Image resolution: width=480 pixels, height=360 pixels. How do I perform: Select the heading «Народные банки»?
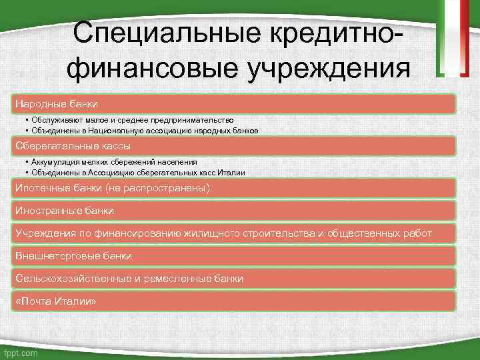click(57, 104)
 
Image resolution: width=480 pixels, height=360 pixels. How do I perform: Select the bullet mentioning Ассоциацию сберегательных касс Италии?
click(137, 172)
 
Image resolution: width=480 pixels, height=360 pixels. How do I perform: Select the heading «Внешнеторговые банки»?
click(73, 256)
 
